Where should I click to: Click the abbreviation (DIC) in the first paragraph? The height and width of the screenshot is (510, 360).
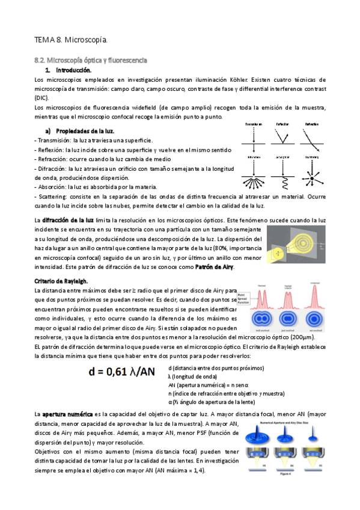(x=42, y=97)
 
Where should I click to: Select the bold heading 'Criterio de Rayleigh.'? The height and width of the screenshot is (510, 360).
(x=61, y=281)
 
